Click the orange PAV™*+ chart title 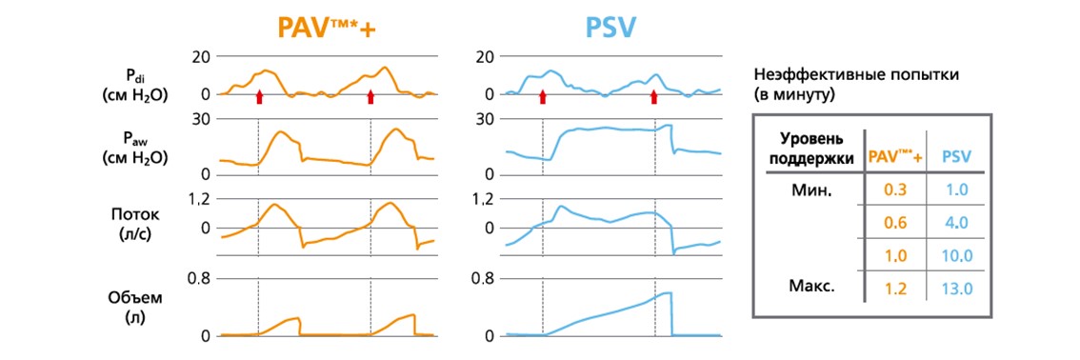point(328,28)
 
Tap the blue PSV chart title point(610,28)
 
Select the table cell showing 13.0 point(957,290)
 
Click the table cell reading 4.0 point(957,223)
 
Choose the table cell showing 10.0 point(957,256)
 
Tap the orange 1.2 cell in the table point(895,290)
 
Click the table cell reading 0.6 point(895,223)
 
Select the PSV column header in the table point(957,157)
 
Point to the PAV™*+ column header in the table point(895,156)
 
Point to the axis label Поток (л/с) point(126,226)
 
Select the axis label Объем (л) point(126,307)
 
